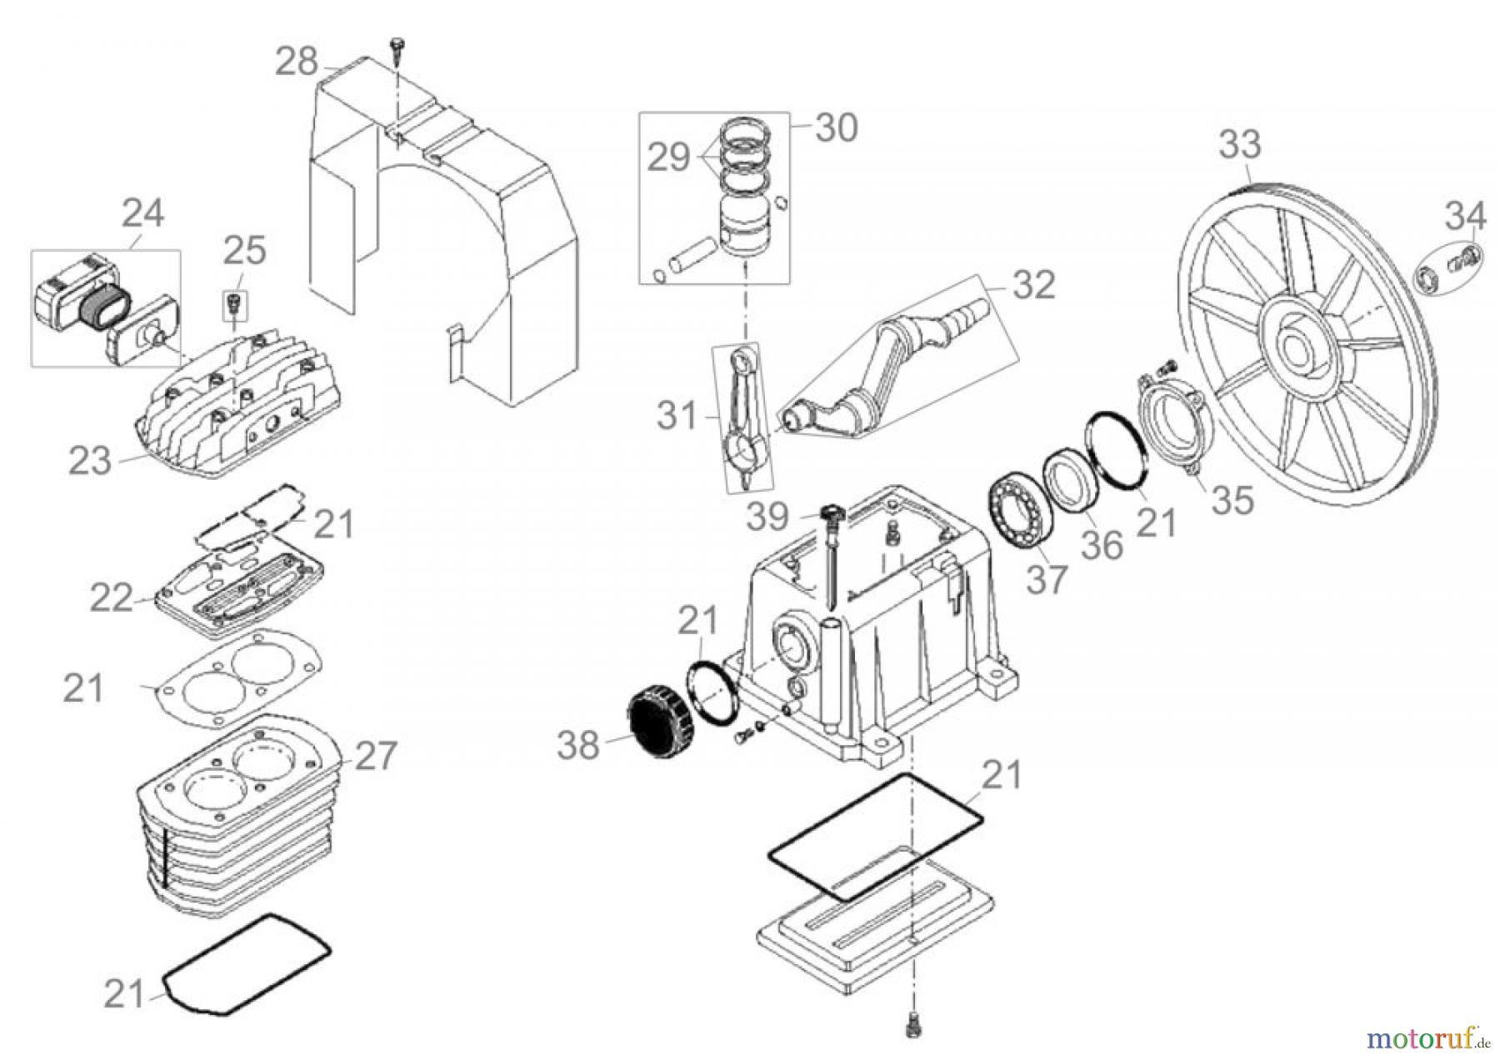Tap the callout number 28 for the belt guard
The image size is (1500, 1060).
point(297,62)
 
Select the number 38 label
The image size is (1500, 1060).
point(578,744)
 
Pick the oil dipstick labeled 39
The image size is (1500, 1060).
point(831,550)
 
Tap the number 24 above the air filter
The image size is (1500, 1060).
point(142,213)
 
